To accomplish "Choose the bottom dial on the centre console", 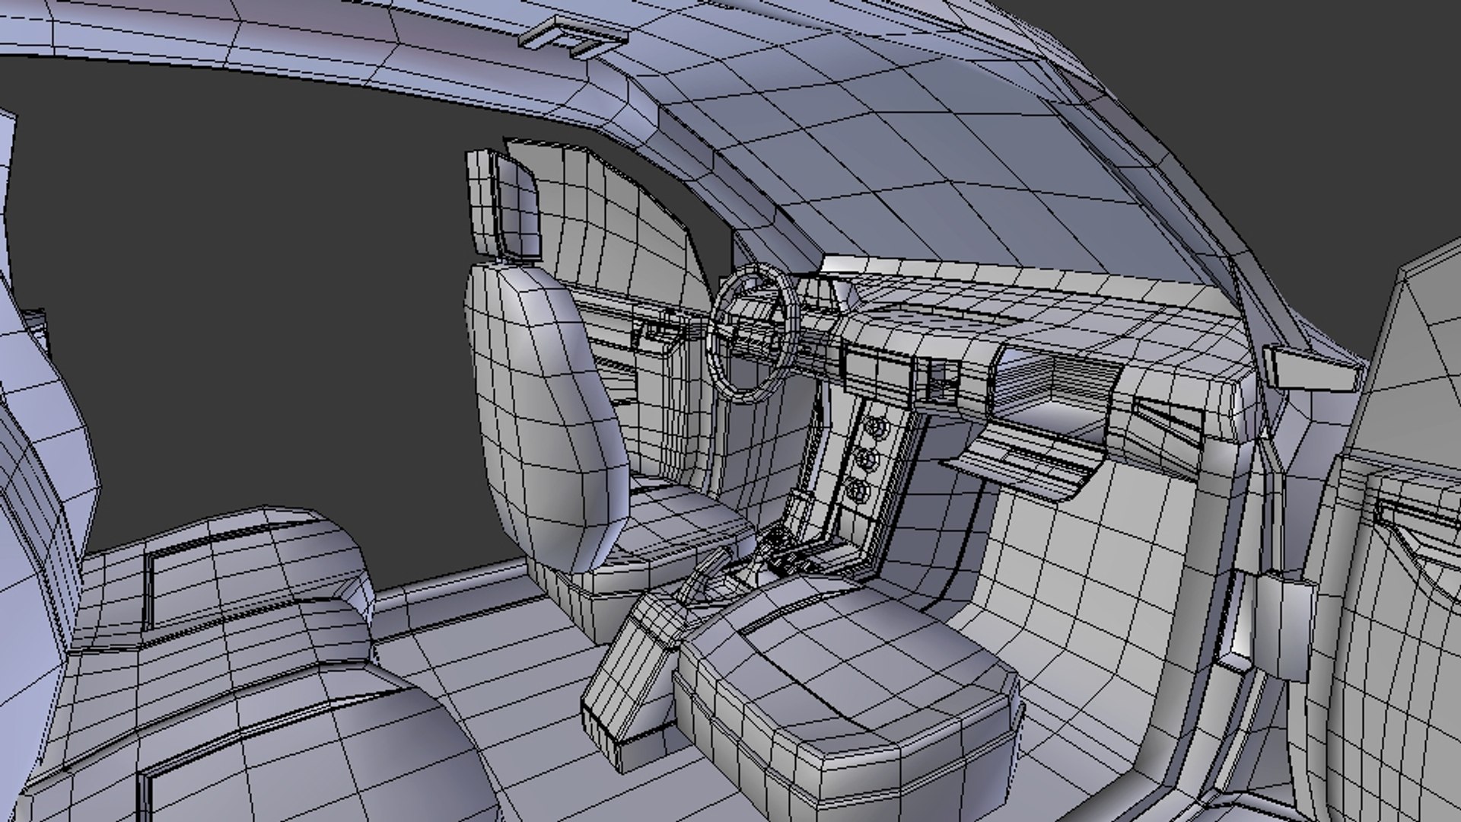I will pyautogui.click(x=858, y=491).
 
